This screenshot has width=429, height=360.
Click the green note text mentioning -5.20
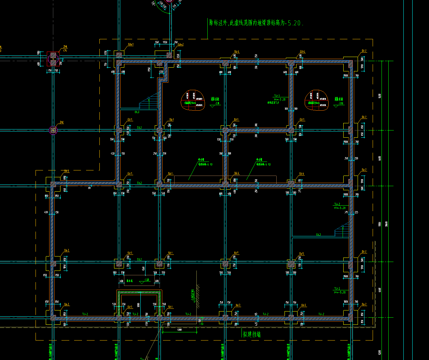256,23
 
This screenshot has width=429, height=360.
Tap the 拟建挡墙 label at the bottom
252,334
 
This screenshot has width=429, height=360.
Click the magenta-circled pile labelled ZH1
53,130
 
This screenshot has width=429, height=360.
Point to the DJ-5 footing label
302,254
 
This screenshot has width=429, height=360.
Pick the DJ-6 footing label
302,174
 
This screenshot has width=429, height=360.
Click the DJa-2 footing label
180,44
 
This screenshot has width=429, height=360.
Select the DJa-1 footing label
130,44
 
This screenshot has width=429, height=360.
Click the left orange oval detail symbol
193,101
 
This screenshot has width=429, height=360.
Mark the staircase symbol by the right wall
342,231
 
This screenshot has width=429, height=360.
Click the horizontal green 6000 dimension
179,330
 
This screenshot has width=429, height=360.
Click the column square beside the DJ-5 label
291,264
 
